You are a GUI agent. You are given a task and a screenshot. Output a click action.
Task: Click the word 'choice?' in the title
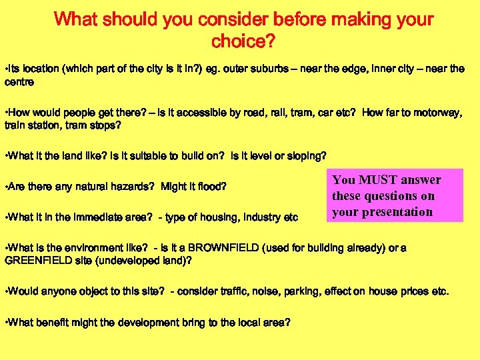243,42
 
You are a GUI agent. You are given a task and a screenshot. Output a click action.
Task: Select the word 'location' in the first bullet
39,69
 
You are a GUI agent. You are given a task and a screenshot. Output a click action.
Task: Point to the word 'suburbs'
275,69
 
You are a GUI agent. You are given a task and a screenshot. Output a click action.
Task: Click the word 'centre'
19,83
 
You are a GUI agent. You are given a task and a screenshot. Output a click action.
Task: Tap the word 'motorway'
433,113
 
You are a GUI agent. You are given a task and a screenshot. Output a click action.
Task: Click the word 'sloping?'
306,156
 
